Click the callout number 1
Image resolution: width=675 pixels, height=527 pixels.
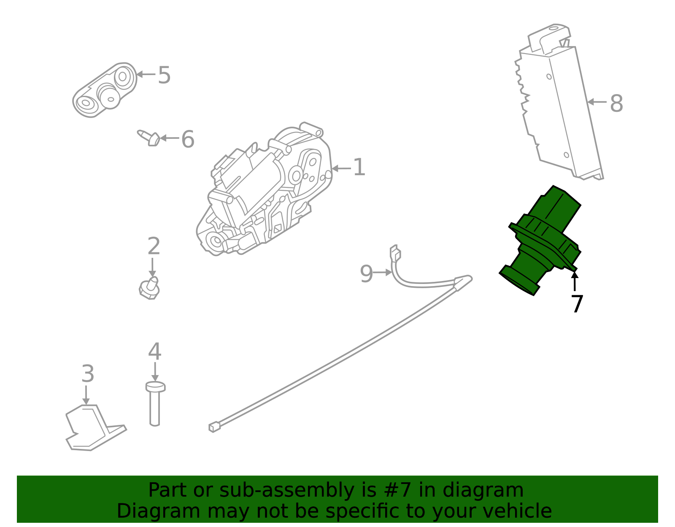[x=359, y=168]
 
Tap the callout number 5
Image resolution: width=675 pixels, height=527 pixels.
[x=164, y=75]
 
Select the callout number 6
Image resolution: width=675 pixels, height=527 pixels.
[x=188, y=139]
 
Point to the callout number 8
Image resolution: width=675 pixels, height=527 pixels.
[x=616, y=103]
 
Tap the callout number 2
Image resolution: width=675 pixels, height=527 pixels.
[x=154, y=246]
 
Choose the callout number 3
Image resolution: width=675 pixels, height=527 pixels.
[x=88, y=373]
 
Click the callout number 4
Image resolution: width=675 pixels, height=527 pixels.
[x=155, y=351]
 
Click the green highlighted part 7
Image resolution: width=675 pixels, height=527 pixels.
[x=542, y=241]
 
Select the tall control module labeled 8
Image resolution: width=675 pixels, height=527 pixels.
[x=559, y=105]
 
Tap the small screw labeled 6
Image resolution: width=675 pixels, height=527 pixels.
[x=150, y=138]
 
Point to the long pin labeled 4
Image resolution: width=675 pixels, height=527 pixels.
[x=155, y=405]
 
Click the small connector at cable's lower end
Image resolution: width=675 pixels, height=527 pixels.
[x=214, y=427]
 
